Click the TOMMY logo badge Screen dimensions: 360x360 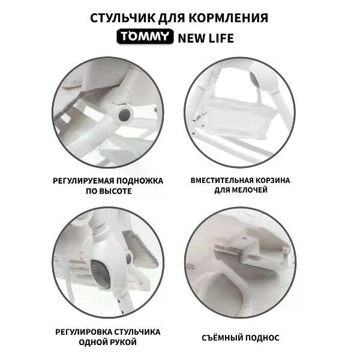pos(145,37)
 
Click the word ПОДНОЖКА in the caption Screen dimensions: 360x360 pos(140,181)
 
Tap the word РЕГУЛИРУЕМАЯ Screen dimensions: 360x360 pos(83,181)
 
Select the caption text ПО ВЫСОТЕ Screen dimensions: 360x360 pos(109,191)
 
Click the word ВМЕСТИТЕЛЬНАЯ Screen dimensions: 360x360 pos(222,181)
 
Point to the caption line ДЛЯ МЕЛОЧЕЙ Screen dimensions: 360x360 pos(241,190)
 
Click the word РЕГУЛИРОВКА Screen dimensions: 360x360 pos(83,332)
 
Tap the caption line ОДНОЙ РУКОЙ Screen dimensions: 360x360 pos(107,342)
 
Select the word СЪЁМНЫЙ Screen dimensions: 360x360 pos(222,338)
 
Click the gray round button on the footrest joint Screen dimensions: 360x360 pos(125,115)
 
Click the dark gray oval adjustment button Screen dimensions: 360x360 pos(100,274)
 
